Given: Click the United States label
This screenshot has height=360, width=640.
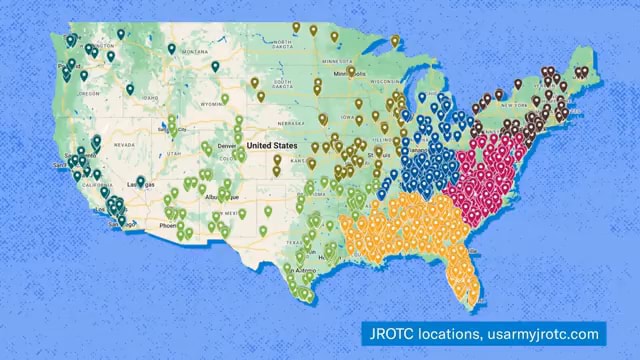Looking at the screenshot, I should click(272, 146).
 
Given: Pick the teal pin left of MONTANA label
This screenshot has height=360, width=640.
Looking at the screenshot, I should click(171, 48).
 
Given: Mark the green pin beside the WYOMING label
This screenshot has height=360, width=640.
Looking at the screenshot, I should click(225, 99).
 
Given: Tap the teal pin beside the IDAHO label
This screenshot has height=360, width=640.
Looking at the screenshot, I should click(131, 88).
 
